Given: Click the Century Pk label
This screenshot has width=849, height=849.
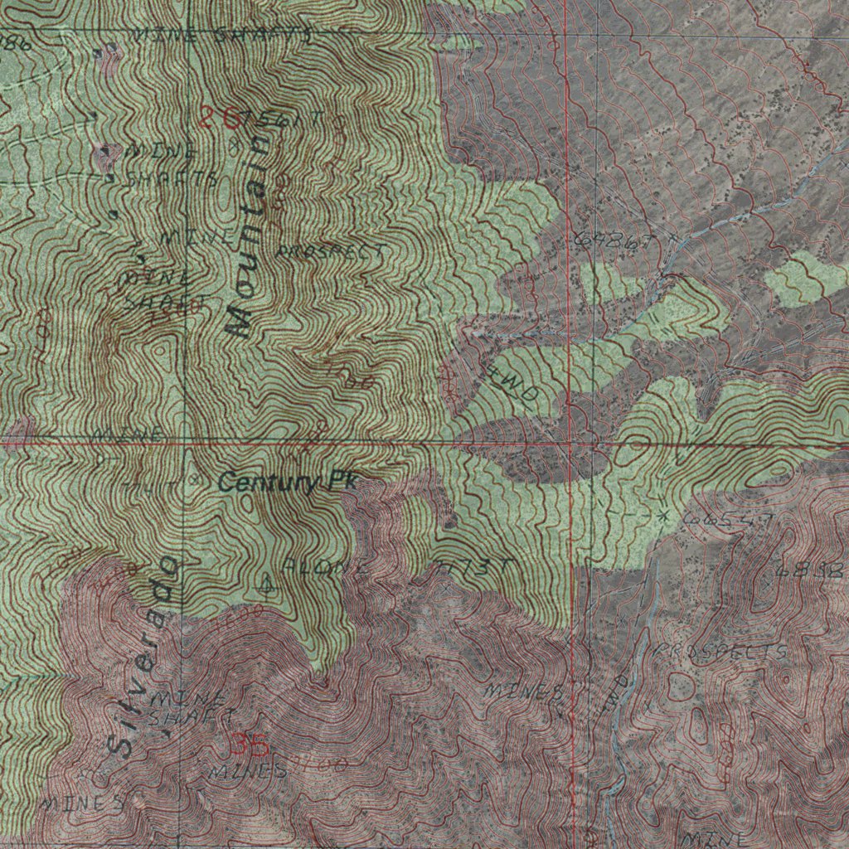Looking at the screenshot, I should click(286, 483).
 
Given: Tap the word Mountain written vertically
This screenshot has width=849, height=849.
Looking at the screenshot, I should click(250, 236).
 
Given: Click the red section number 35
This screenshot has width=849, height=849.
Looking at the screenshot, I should click(250, 745).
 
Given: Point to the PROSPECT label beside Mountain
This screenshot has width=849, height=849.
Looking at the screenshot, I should click(329, 250).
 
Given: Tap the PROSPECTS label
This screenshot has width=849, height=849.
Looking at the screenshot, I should click(720, 653).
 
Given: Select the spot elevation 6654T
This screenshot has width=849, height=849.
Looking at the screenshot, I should click(730, 519).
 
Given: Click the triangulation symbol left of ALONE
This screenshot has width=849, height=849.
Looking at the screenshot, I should click(266, 583).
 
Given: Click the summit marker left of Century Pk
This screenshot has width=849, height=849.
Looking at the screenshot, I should click(195, 478).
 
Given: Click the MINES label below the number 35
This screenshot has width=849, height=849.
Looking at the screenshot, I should click(247, 771).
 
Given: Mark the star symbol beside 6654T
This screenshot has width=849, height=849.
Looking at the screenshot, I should click(663, 516).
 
